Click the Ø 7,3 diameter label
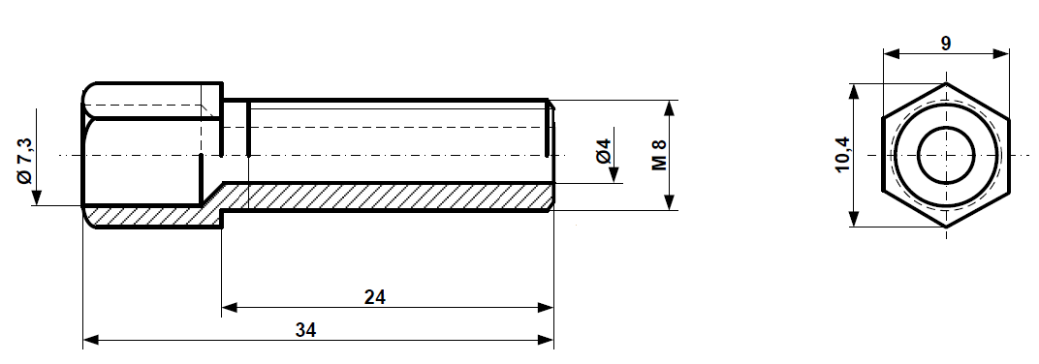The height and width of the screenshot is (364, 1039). coord(25,161)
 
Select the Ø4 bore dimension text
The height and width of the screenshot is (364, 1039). coord(602,151)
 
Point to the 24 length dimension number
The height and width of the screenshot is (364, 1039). coord(375,296)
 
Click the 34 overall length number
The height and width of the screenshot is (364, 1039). coord(305,329)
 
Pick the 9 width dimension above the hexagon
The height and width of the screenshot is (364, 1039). coord(945,43)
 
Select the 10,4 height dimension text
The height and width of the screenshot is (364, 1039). coord(841,155)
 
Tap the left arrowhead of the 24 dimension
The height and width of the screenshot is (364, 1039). coord(230,308)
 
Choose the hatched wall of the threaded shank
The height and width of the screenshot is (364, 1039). coord(388,197)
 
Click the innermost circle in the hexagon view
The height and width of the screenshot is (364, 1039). coord(945,155)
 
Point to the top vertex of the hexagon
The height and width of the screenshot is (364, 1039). coord(945,83)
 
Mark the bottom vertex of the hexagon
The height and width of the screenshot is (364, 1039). coord(945,227)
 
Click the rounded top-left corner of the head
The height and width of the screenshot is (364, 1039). coord(88,89)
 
